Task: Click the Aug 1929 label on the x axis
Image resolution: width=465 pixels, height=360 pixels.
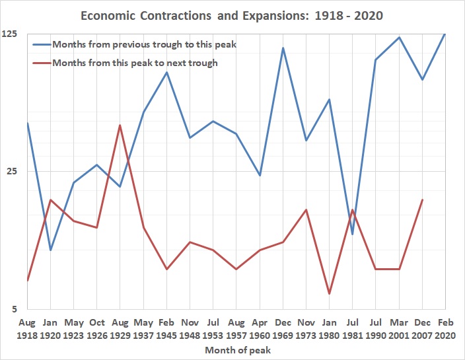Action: click(120, 329)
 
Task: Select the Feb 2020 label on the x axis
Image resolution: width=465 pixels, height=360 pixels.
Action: click(445, 329)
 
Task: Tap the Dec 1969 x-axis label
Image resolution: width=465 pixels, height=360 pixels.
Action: click(283, 329)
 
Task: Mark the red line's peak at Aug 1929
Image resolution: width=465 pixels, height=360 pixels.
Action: click(120, 125)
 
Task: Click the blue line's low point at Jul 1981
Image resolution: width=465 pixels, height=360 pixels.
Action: click(353, 234)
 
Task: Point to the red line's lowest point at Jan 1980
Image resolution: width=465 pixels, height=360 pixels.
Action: click(329, 293)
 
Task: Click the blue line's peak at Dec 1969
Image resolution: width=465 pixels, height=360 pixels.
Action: click(283, 48)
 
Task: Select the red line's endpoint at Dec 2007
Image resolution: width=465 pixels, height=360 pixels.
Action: click(422, 199)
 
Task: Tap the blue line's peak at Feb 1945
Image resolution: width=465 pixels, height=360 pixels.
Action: click(166, 72)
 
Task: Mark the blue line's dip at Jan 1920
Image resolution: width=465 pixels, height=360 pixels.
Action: click(50, 250)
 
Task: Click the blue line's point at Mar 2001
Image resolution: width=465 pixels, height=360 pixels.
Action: click(399, 37)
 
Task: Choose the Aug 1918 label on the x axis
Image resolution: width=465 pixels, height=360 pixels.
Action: click(27, 329)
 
